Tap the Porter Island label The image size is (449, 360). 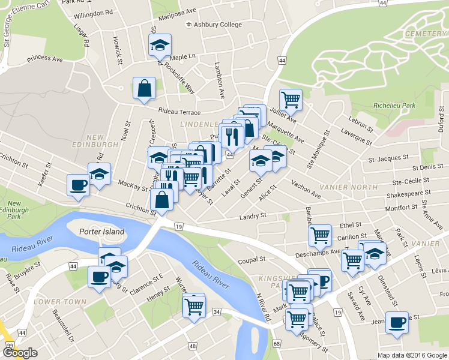coord(101,232)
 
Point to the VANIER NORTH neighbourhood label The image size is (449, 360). coord(348,187)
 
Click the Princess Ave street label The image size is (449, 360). coord(44,59)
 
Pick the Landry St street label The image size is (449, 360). coord(253,217)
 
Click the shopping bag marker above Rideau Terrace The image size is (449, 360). coord(145,89)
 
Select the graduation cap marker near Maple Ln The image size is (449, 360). coord(160,44)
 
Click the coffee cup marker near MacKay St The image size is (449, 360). coord(78,184)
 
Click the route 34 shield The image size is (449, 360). coord(216,311)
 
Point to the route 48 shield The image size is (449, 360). coord(193,346)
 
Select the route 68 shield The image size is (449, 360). coord(276,343)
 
